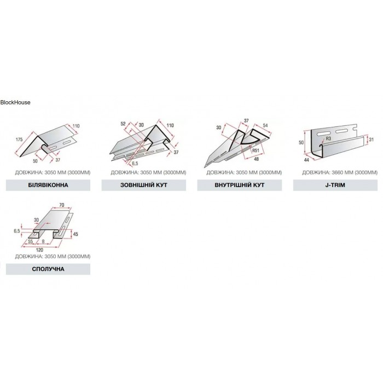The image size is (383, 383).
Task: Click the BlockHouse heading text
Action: [15, 102]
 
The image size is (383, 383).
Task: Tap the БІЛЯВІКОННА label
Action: [48, 185]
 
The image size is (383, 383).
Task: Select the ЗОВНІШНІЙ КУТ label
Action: [143, 185]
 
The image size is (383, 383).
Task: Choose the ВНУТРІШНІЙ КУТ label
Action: [240, 185]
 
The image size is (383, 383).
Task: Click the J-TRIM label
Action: [335, 185]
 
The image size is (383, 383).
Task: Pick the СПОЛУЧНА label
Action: [48, 269]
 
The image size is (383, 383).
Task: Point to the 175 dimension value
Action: [19, 140]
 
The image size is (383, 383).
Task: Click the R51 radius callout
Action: [256, 150]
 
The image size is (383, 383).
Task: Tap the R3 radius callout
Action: [328, 138]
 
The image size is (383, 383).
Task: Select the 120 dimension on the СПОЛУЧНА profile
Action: [39, 250]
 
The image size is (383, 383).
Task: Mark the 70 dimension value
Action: [61, 205]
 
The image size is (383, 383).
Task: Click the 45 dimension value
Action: [76, 234]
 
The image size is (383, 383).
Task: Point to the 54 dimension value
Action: [265, 125]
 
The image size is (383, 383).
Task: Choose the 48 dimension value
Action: [256, 159]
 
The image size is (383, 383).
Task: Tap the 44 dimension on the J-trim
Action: [306, 160]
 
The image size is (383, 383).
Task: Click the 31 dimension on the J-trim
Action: [372, 140]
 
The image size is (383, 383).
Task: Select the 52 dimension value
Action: [123, 124]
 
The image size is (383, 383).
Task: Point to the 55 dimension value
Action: [30, 242]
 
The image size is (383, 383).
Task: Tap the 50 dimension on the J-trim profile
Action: [301, 142]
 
